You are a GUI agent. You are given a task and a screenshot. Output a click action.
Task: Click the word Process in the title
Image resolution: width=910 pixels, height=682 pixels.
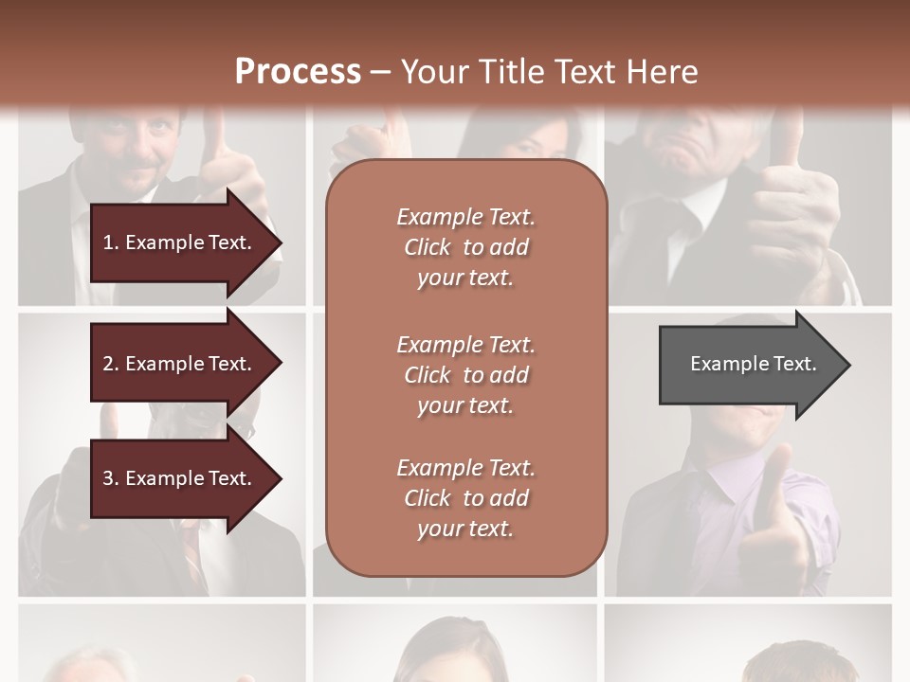(298, 72)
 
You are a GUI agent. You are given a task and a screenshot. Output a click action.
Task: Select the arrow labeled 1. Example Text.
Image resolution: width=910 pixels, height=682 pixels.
(180, 242)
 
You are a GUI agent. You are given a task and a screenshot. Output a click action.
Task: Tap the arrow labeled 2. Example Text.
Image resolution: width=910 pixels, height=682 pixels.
(180, 364)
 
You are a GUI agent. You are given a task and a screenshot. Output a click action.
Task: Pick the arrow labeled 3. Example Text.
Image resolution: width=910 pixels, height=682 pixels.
(180, 478)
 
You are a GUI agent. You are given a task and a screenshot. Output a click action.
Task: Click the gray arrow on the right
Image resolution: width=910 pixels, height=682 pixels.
(749, 364)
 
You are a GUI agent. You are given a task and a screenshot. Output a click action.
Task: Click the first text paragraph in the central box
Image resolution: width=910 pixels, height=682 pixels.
(465, 247)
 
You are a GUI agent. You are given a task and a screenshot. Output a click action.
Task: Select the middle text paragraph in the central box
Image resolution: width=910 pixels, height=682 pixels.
(465, 374)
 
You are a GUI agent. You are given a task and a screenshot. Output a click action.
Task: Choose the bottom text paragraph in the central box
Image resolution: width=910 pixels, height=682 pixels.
(465, 498)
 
